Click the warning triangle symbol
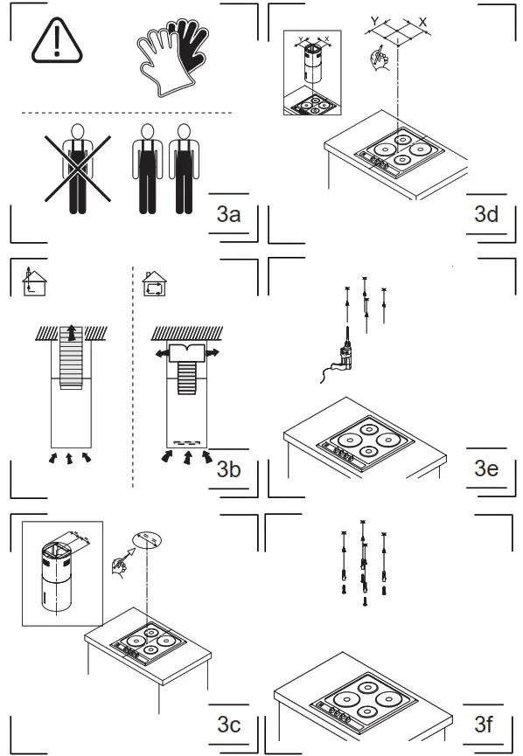(x=55, y=40)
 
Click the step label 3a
(x=228, y=214)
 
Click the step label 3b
(x=228, y=469)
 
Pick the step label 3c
(x=228, y=724)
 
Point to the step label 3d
(x=485, y=214)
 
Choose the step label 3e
(x=485, y=469)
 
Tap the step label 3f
(x=485, y=724)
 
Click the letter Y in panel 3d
(x=374, y=19)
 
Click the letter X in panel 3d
(x=422, y=20)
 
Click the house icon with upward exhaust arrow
(x=31, y=281)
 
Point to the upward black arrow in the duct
(x=72, y=333)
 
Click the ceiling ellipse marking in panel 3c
(x=147, y=535)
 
